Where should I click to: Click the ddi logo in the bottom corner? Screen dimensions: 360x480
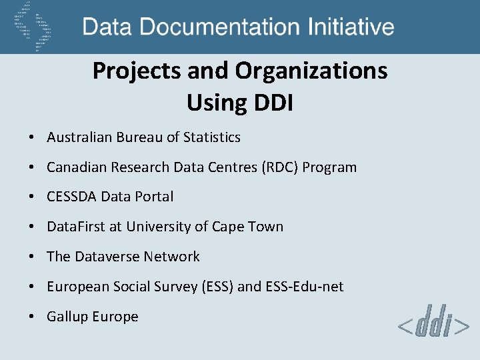point(434,326)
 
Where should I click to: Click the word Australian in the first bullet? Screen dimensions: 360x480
point(79,137)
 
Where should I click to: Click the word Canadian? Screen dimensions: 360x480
point(75,167)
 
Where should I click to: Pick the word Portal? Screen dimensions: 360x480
point(154,197)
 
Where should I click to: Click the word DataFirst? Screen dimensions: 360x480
point(75,227)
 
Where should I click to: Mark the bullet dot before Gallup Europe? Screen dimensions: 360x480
point(32,317)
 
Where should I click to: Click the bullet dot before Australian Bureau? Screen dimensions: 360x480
point(32,138)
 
